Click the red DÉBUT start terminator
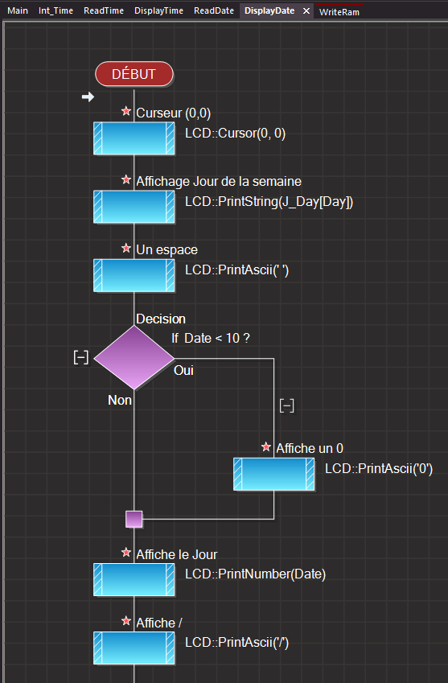[x=134, y=74]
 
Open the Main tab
[x=18, y=10]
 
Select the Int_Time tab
[x=55, y=10]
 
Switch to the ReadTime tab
[x=104, y=10]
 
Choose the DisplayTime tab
[x=159, y=10]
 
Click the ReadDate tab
[x=214, y=10]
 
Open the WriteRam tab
[x=339, y=12]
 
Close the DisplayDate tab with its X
[x=306, y=11]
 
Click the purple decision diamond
[x=134, y=358]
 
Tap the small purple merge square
[x=134, y=519]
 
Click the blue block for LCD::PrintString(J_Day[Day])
[x=134, y=207]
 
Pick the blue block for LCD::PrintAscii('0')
[x=273, y=474]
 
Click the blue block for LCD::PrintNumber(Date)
[x=134, y=580]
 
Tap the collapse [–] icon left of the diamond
[x=81, y=358]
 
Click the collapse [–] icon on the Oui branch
[x=286, y=406]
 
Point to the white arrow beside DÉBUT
[x=88, y=97]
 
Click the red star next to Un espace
[x=126, y=249]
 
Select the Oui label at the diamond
[x=183, y=370]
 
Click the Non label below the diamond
[x=120, y=400]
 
